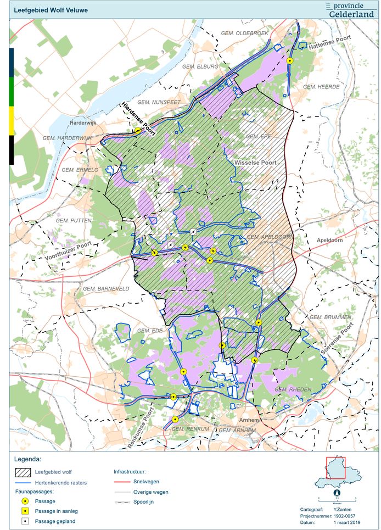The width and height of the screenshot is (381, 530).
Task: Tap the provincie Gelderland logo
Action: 351,9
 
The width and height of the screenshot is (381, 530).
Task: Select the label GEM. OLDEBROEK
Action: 244,34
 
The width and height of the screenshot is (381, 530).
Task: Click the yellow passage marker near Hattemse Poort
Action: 290,61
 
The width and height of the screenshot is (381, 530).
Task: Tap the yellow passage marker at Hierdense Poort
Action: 138,131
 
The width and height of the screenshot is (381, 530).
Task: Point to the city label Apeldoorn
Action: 329,241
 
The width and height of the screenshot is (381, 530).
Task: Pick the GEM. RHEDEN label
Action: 293,389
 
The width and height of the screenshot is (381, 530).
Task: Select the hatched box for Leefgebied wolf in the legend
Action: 22,472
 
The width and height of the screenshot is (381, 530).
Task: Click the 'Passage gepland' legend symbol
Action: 25,521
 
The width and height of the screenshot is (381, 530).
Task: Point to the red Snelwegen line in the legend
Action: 127,482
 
